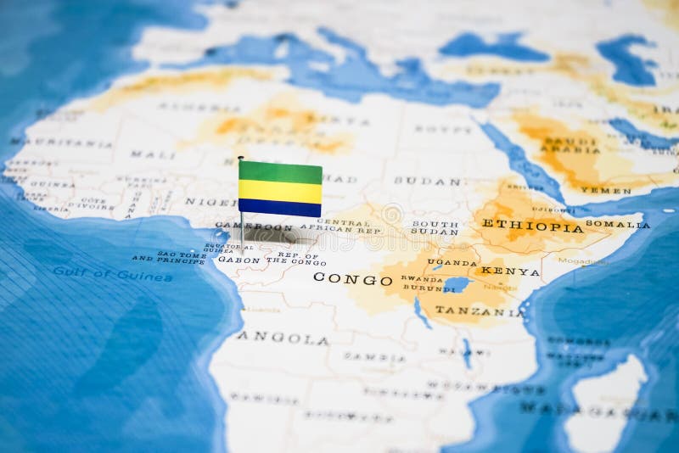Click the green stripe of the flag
[x=280, y=171]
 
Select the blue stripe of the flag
[x=280, y=207]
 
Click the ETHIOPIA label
[x=532, y=225]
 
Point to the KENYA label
[x=509, y=271]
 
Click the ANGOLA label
[x=283, y=338]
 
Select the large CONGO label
[x=352, y=278]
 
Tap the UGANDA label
[x=452, y=262]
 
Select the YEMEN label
[x=606, y=190]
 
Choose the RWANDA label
[x=422, y=279]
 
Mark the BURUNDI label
[x=422, y=288]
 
